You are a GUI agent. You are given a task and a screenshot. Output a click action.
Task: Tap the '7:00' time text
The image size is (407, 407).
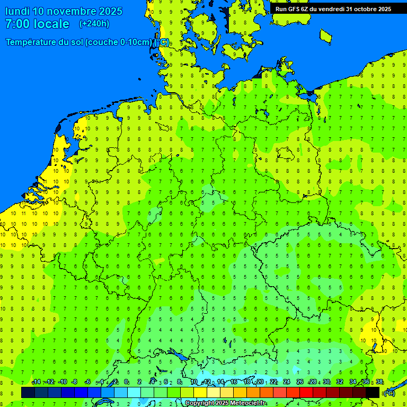[x=17, y=24]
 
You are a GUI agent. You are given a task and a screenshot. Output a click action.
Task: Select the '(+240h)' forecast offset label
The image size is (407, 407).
[x=94, y=24]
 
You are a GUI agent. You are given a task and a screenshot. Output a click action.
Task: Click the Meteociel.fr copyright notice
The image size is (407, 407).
[x=225, y=403]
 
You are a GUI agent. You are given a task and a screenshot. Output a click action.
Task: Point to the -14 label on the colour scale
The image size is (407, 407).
[x=36, y=382]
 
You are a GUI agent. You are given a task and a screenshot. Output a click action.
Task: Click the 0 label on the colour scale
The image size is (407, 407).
[x=126, y=382]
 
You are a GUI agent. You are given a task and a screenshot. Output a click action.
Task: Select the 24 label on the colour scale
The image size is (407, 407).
[x=287, y=382]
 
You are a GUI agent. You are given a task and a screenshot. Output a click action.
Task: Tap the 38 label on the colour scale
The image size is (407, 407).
[x=379, y=382]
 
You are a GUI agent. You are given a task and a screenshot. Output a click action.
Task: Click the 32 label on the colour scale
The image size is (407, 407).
[x=340, y=382]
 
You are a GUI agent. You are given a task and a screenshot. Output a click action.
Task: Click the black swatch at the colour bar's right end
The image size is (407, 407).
[x=373, y=392]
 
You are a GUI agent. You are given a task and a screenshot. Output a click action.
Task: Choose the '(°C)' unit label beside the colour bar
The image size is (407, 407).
[x=390, y=393]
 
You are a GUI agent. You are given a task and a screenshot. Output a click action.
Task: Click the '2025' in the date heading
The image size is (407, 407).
[x=108, y=11]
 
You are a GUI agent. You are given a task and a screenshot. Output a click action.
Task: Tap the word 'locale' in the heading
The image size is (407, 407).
[x=51, y=24]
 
